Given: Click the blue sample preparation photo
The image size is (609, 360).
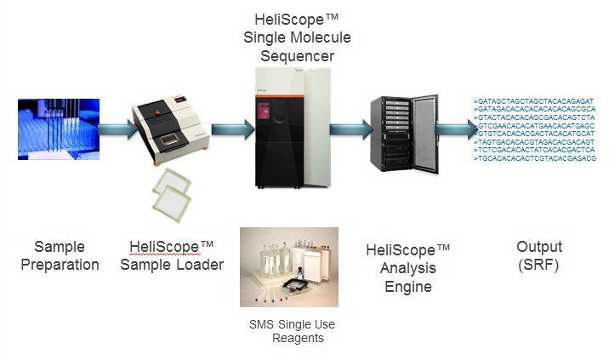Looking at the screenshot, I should pos(59,129).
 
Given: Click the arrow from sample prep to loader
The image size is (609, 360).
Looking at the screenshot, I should pos(117,130).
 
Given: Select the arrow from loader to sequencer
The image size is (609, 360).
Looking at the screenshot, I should pos(231,129).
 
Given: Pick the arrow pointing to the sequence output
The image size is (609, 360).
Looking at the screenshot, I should pos(456,129).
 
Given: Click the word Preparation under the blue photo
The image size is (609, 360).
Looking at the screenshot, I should pos(60,265).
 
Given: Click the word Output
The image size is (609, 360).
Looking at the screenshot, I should pos(539,248).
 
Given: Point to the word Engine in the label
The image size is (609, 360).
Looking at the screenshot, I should pos(408,287).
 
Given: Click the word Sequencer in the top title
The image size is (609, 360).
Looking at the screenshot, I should pos(297,56).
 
